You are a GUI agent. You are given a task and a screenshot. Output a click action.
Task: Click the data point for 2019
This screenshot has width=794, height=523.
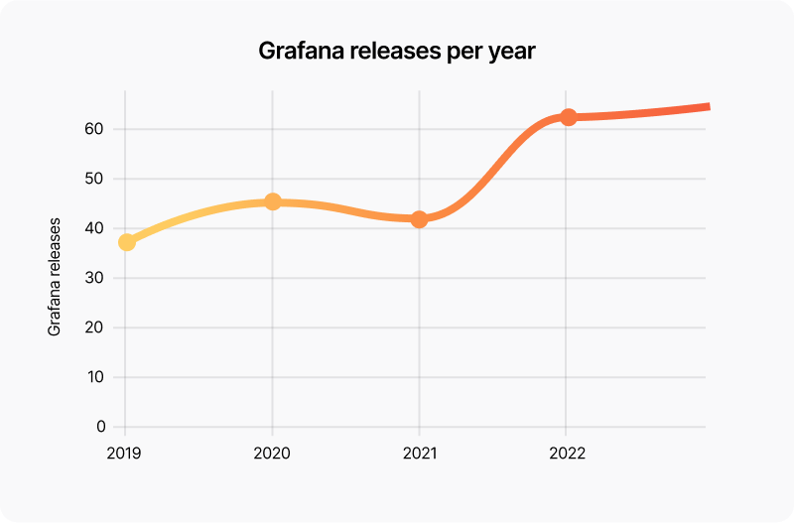tap(126, 242)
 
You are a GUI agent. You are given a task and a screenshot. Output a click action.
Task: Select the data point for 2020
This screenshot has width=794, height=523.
tap(273, 202)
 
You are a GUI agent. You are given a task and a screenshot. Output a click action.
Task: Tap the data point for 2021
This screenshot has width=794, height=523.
tap(419, 219)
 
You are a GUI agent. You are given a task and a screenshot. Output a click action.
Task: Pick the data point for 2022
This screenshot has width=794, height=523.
tap(568, 117)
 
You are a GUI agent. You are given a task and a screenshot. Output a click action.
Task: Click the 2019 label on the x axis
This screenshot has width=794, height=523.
tap(125, 454)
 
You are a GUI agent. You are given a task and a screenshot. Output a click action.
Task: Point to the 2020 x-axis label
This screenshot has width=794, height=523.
tap(272, 454)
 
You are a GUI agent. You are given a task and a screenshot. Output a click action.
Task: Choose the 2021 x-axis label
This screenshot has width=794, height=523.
tap(419, 454)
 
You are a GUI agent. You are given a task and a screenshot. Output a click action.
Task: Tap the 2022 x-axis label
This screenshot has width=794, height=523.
tap(566, 454)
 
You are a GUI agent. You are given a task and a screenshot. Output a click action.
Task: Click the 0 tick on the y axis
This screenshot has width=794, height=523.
tap(101, 427)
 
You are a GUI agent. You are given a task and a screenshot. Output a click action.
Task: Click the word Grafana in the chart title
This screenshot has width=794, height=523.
tap(298, 52)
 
